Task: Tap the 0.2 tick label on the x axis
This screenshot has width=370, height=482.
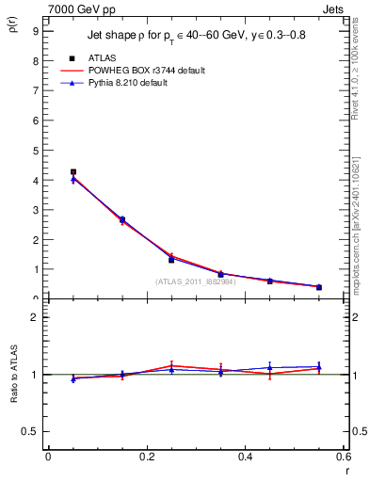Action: pyautogui.click(x=146, y=457)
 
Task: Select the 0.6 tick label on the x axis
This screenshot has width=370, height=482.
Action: pyautogui.click(x=344, y=457)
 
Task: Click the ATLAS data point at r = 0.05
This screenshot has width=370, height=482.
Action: pyautogui.click(x=72, y=172)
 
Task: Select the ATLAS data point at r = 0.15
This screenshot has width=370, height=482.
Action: pyautogui.click(x=122, y=219)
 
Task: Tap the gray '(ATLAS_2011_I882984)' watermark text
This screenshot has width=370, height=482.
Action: pyautogui.click(x=196, y=281)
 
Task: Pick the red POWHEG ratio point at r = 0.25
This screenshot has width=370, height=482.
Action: pyautogui.click(x=171, y=365)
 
